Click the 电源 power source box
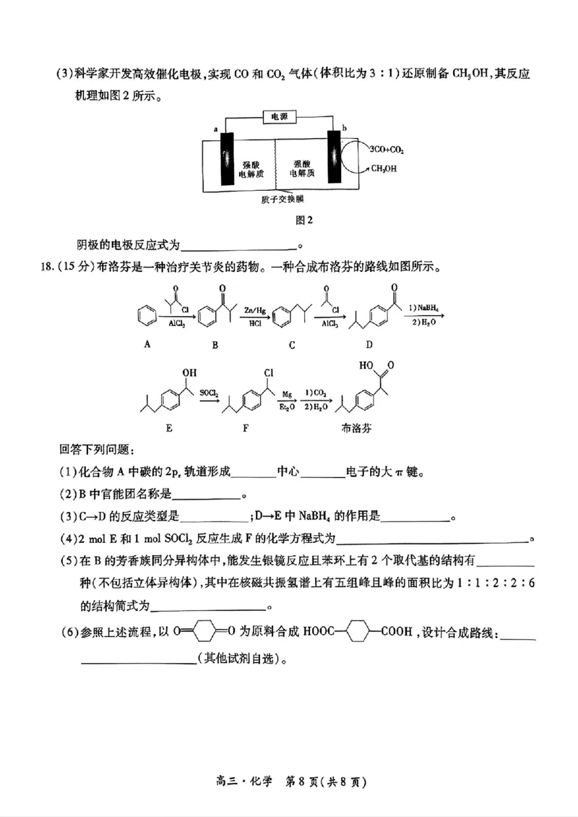click(x=278, y=116)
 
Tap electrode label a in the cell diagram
click(x=216, y=129)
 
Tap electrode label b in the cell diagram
click(x=344, y=128)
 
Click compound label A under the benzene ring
click(x=147, y=344)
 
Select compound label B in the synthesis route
click(x=215, y=345)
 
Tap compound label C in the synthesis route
click(x=292, y=345)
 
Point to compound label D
click(x=369, y=345)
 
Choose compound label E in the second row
click(x=169, y=427)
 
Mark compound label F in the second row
click(x=246, y=427)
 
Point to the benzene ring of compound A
click(x=147, y=316)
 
